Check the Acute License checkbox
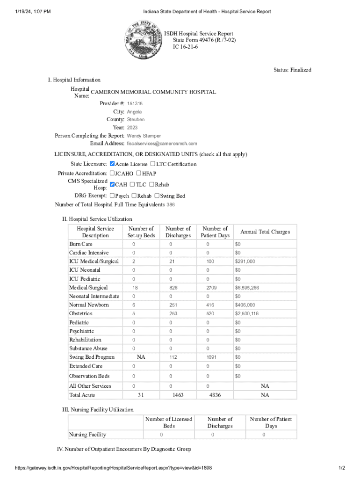tap(112, 164)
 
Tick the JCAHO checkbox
tap(112, 173)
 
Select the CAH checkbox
tap(112, 184)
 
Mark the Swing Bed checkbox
tap(157, 196)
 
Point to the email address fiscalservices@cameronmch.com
tap(162, 144)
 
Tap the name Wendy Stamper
tap(144, 136)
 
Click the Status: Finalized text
tap(292, 70)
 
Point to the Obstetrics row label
tap(81, 313)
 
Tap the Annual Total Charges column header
tap(265, 232)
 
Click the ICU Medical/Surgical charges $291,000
tap(245, 261)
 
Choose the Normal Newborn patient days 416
tap(210, 305)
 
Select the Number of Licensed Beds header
tap(168, 422)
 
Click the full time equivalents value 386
tap(171, 204)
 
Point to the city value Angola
tap(134, 112)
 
